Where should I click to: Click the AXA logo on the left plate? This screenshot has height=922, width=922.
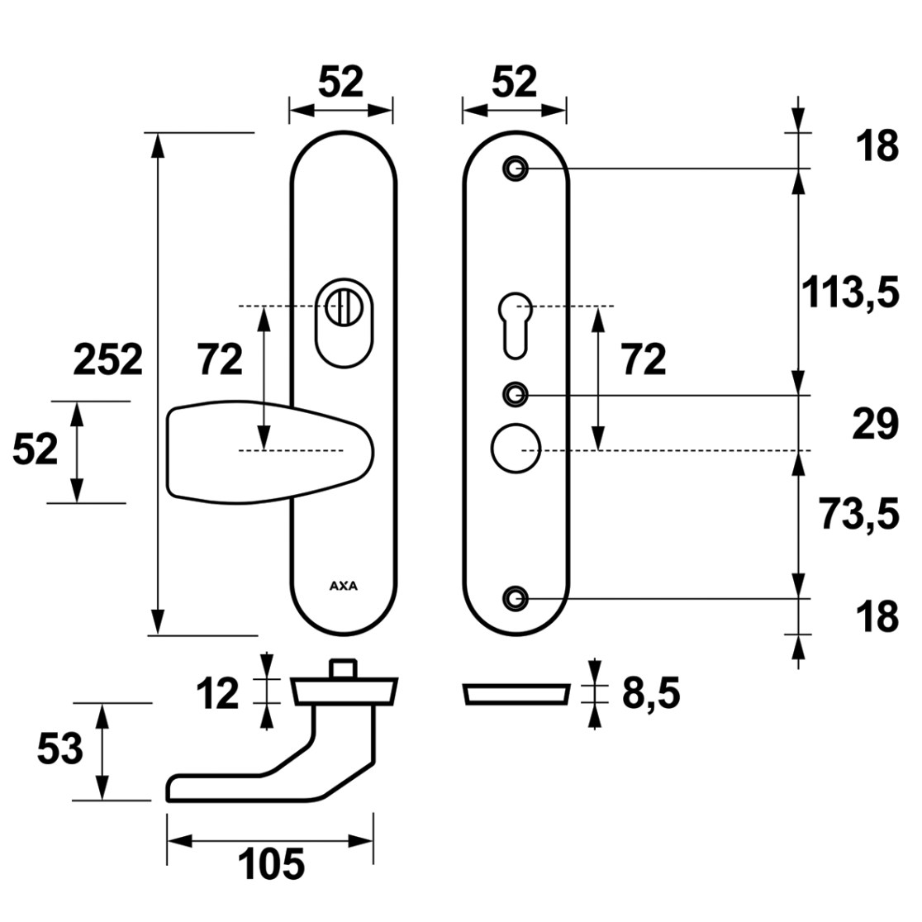coord(344,586)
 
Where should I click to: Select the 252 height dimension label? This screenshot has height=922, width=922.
coord(108,359)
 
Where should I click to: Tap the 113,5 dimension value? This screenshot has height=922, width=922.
coord(851,292)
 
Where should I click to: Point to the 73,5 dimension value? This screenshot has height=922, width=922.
coord(860,514)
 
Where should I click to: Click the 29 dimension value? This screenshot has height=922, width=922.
coord(876,423)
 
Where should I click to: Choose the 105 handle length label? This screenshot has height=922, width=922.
coord(271,863)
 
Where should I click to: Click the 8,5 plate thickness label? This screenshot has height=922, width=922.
coord(651,692)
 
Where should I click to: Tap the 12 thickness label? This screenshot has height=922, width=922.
coord(217,693)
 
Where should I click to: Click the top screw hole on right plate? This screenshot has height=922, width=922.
coord(516,169)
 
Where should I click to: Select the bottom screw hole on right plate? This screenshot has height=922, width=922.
coord(516,599)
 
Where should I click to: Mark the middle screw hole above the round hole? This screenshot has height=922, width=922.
coord(516,394)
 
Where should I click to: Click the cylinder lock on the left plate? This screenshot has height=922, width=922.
coord(344,323)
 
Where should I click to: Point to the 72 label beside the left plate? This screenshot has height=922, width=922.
coord(220,359)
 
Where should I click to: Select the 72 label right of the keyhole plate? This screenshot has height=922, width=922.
coord(644,359)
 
